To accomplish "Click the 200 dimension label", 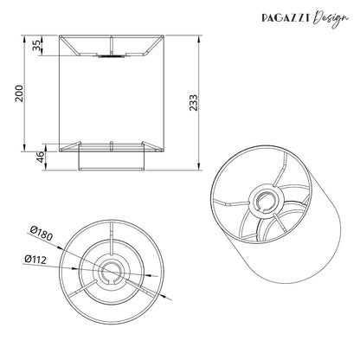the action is coord(20,93).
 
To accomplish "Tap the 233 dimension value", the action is coord(194,103).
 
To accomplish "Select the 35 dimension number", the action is coord(37,46).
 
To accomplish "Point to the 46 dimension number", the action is coord(41,157).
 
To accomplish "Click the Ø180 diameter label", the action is coord(42,234).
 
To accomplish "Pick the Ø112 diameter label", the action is coord(35,260).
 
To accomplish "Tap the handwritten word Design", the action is coord(331,19).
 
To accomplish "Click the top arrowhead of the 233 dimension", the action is coord(198,39).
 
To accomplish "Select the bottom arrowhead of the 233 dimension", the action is coord(198,166).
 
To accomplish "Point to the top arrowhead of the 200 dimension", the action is coord(24,39).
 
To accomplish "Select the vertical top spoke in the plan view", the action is coord(112,238).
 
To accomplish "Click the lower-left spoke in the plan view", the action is coord(83,288).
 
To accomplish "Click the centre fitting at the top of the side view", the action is coord(112,55).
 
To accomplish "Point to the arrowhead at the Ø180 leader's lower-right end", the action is coord(166,297).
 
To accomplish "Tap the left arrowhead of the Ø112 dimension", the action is coord(74,268).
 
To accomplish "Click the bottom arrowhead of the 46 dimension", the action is coord(46,166).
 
